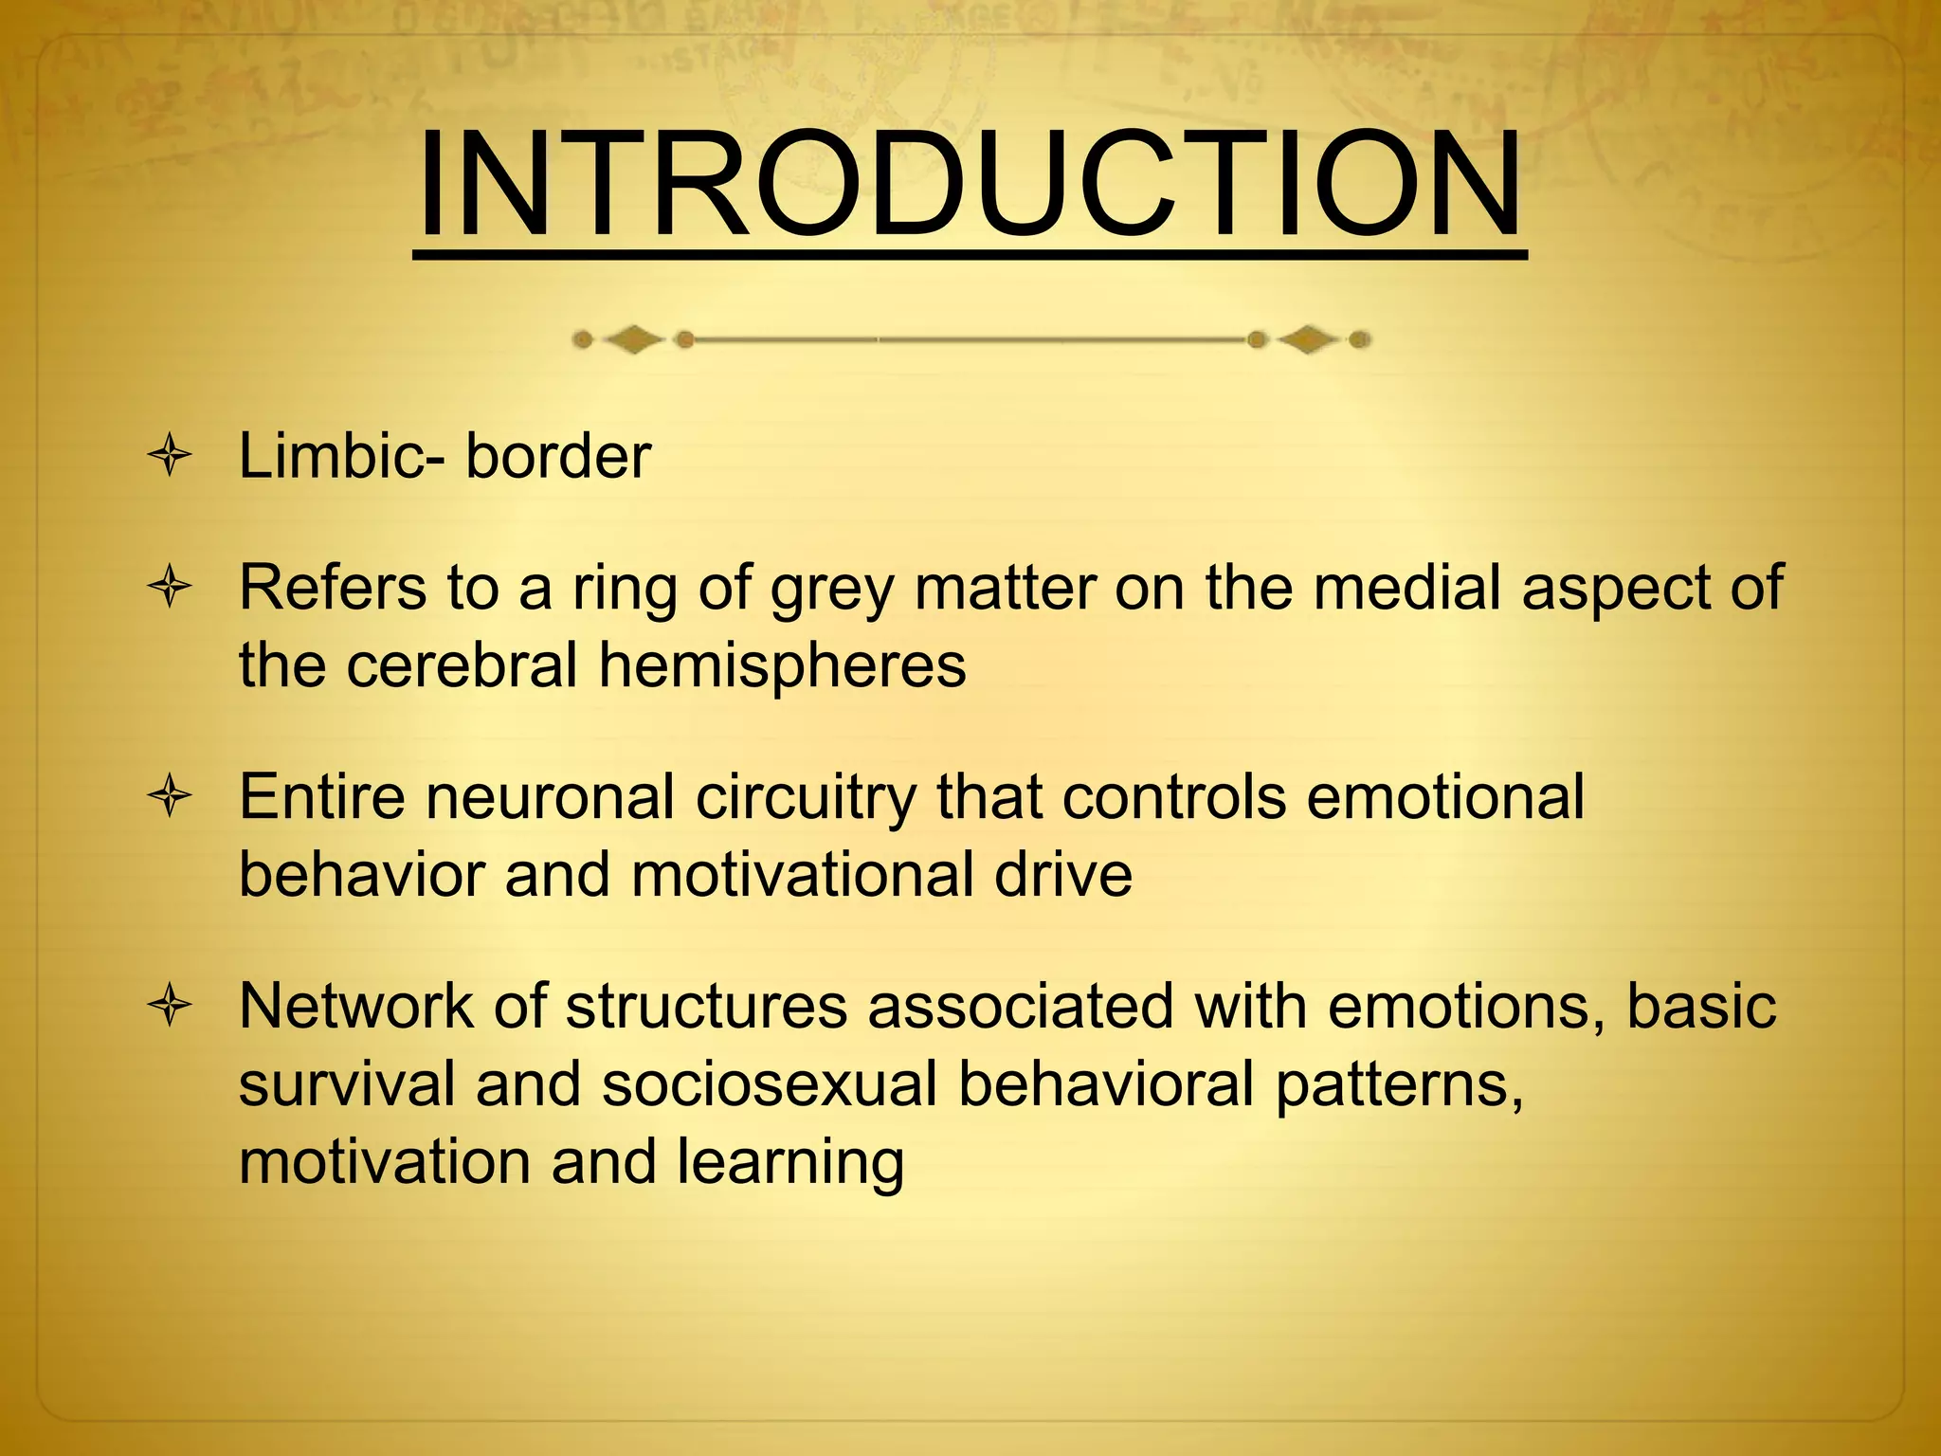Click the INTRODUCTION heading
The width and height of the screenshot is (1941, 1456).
click(969, 185)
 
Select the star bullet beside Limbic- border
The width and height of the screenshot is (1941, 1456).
click(171, 456)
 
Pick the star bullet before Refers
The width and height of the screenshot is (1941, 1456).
click(171, 588)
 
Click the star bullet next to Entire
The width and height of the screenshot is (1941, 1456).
click(171, 796)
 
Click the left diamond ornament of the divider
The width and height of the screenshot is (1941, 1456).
click(633, 339)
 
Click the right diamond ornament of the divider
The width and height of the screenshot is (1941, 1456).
click(1308, 339)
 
